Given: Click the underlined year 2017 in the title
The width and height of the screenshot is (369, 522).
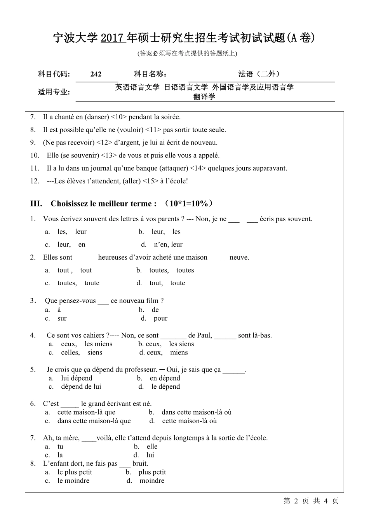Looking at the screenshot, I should pyautogui.click(x=113, y=38).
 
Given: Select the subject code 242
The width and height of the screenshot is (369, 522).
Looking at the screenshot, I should pyautogui.click(x=96, y=74).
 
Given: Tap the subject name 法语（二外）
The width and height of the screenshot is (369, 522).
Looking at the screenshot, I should pyautogui.click(x=259, y=74).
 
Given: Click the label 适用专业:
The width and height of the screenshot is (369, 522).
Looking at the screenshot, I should pyautogui.click(x=54, y=92).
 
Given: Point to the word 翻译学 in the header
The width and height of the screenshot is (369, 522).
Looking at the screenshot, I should pyautogui.click(x=204, y=97).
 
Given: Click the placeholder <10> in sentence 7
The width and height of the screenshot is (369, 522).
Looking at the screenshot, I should pyautogui.click(x=119, y=117).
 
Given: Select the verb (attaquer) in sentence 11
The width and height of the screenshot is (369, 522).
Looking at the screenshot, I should pyautogui.click(x=174, y=168).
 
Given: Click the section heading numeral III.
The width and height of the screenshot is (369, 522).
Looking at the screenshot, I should pyautogui.click(x=36, y=204).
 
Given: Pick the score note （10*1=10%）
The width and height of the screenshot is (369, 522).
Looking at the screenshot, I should pyautogui.click(x=188, y=204).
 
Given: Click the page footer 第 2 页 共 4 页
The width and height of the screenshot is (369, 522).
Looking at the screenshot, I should pyautogui.click(x=311, y=501).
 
